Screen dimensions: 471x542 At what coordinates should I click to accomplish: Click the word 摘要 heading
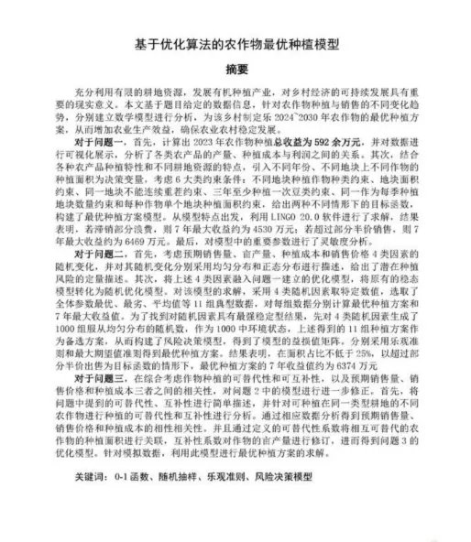pyautogui.click(x=235, y=69)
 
